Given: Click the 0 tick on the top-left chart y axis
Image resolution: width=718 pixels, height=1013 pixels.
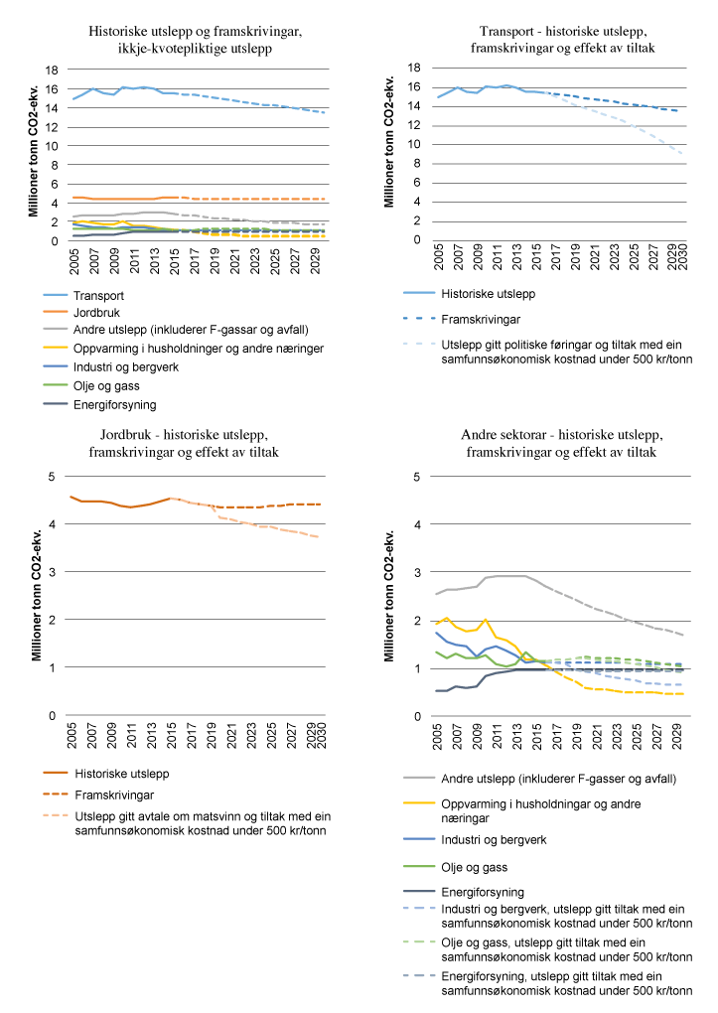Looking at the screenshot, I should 56,240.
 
